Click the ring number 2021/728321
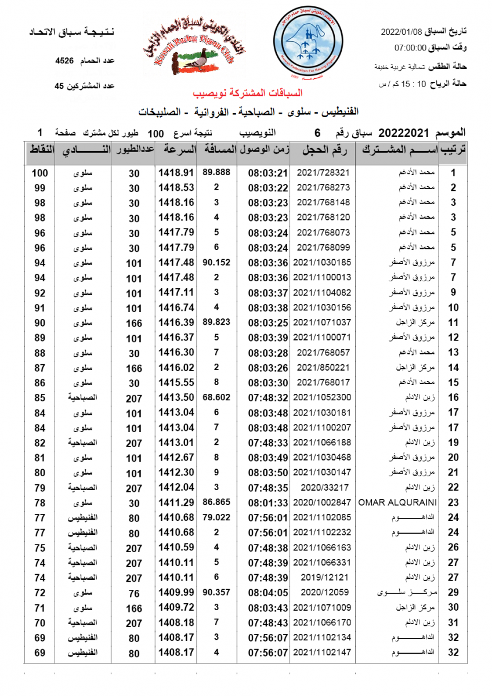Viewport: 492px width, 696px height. click(324, 173)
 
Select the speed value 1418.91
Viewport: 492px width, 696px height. click(175, 173)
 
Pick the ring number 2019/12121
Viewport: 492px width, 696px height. click(324, 577)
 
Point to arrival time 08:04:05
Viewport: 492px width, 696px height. click(268, 592)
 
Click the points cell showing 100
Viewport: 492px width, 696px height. click(39, 173)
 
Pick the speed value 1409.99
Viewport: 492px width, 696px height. click(175, 592)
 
